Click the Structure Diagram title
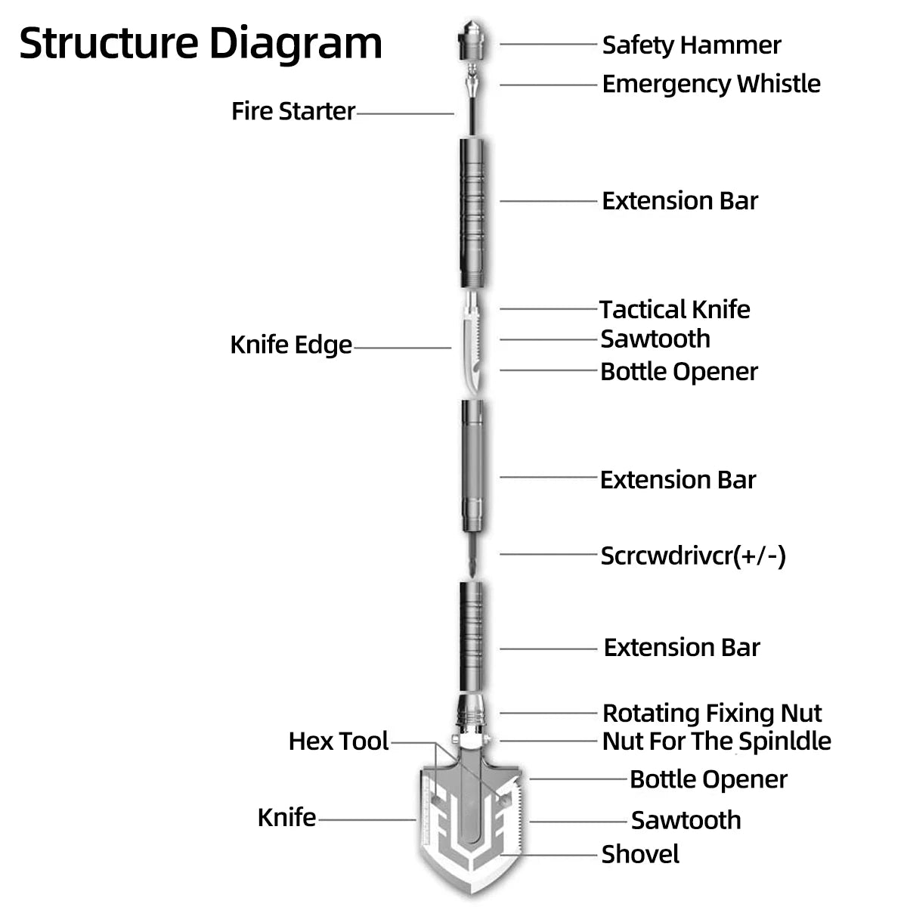(x=200, y=43)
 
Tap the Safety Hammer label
(x=691, y=45)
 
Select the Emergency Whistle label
(x=710, y=83)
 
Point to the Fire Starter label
(x=293, y=111)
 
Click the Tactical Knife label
(x=674, y=309)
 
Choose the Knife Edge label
(x=291, y=345)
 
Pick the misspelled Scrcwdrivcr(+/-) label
(x=692, y=556)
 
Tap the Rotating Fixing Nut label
(x=711, y=713)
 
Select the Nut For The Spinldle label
(x=716, y=741)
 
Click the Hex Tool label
(x=338, y=741)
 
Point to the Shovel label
(x=639, y=854)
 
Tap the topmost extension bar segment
(x=473, y=212)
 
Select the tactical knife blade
(x=471, y=348)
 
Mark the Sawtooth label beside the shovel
(x=686, y=820)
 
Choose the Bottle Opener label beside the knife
(x=678, y=371)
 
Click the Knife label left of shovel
(x=286, y=817)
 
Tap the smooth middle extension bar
(x=473, y=465)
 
